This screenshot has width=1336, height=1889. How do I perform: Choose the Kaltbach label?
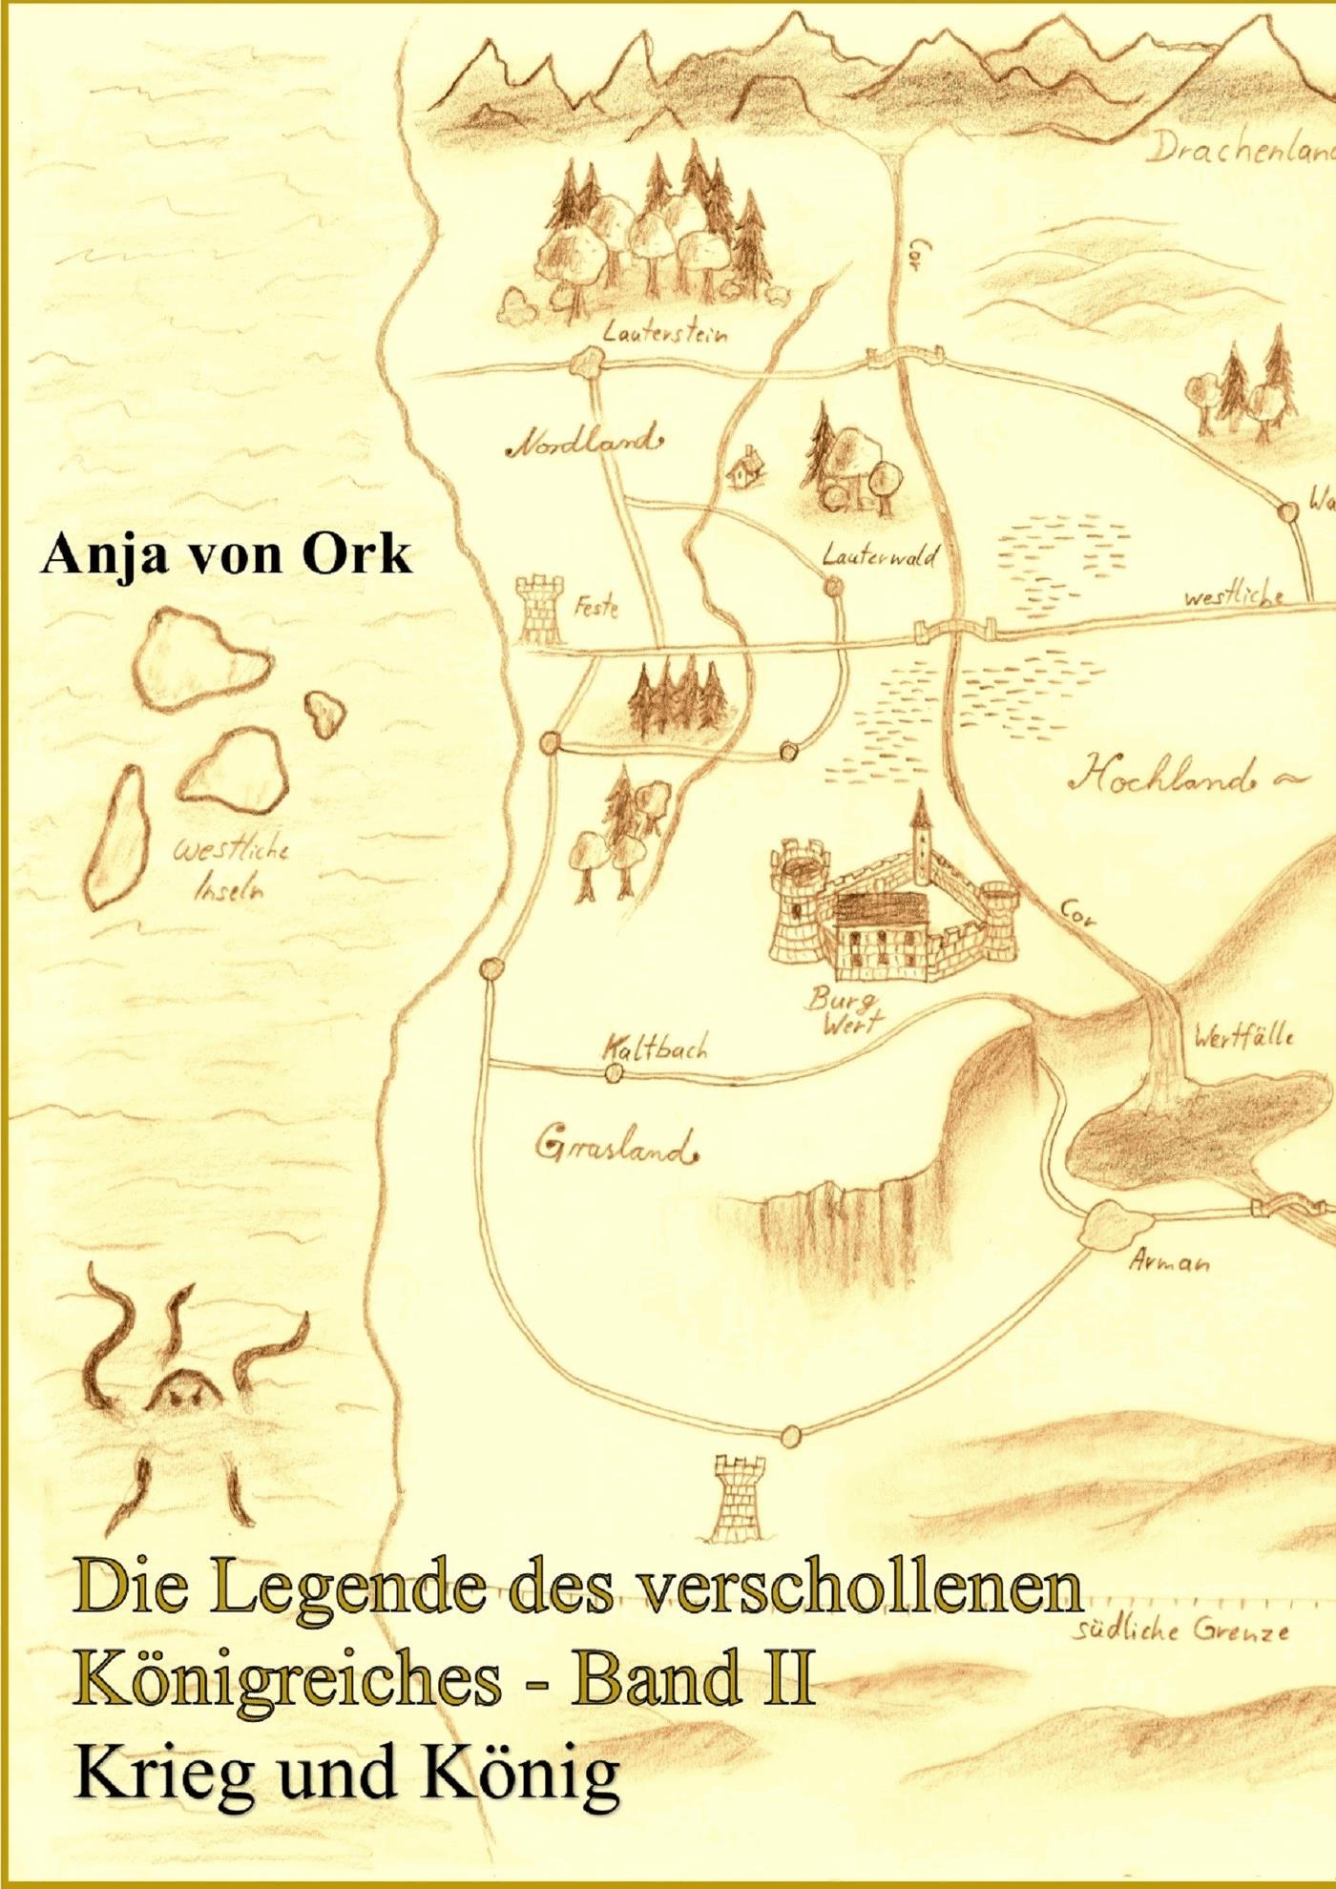point(656,1048)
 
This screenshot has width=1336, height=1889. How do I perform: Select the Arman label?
point(1169,1263)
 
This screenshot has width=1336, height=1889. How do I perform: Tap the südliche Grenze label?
point(1183,1630)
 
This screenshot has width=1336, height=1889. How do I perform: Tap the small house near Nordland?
point(741,467)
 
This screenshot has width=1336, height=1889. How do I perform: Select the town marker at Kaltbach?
point(615,1075)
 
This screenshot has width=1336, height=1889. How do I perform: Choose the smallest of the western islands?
point(325,711)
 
